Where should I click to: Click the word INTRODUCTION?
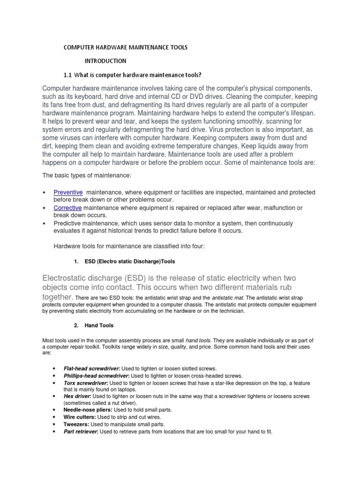(105, 61)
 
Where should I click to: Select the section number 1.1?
(67, 75)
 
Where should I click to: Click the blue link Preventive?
(68, 192)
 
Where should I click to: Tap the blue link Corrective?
(67, 208)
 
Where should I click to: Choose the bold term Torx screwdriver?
(85, 383)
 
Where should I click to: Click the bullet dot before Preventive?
(44, 193)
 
